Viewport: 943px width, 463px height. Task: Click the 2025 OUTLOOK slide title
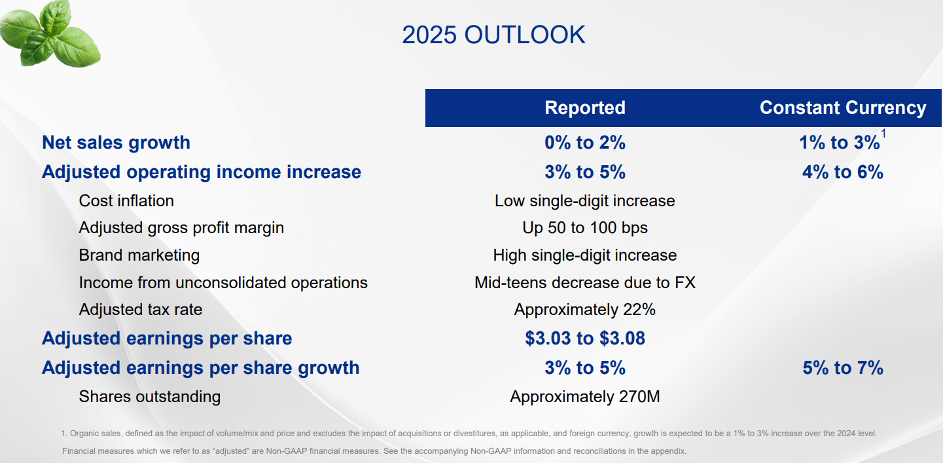tap(493, 35)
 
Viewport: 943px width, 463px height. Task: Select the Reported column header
tap(585, 108)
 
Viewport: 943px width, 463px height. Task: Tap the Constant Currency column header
tap(843, 108)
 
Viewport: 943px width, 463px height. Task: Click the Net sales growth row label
tap(116, 143)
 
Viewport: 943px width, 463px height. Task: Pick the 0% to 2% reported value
tap(585, 143)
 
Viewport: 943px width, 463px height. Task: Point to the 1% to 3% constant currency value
tap(839, 143)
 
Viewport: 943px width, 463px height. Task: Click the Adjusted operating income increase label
tap(202, 172)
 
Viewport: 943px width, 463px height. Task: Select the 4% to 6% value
tap(843, 172)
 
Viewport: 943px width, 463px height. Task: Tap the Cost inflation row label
tap(126, 201)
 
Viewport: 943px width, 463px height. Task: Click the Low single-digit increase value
tap(585, 201)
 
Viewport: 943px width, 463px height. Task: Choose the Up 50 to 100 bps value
tap(585, 228)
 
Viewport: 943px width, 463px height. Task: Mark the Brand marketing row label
tap(139, 255)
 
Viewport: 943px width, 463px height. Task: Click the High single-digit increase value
tap(585, 255)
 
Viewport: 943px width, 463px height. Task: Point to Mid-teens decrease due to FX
tap(585, 283)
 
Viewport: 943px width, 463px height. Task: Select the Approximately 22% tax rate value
tap(585, 310)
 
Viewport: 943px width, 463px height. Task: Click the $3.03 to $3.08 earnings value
tap(585, 339)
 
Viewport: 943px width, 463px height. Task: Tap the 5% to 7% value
tap(843, 368)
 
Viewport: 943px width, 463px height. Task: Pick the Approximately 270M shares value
tap(585, 397)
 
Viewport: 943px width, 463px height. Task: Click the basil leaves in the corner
tap(49, 33)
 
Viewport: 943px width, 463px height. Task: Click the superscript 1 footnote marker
tap(883, 134)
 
